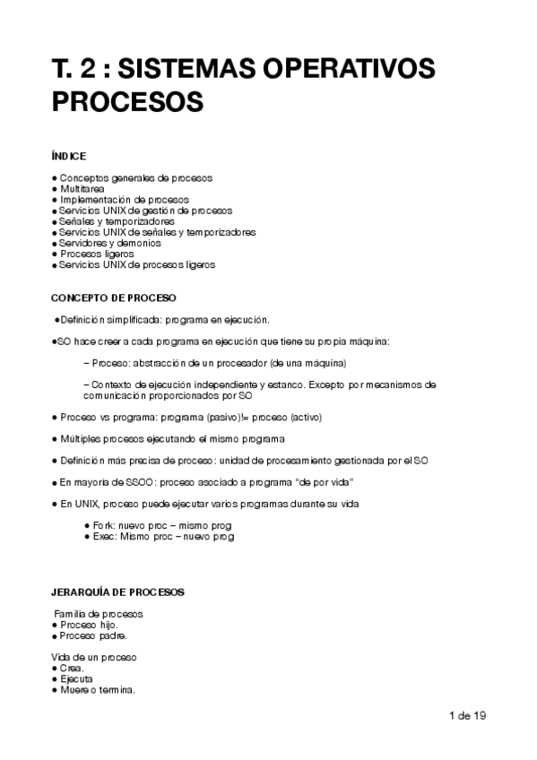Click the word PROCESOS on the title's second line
[128, 101]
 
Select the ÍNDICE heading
[69, 156]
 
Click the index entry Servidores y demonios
[110, 243]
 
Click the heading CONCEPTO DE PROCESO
[114, 298]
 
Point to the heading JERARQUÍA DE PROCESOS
[117, 592]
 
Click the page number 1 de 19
[466, 715]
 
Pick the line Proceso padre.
[92, 635]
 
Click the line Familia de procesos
[99, 614]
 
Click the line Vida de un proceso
[94, 658]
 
